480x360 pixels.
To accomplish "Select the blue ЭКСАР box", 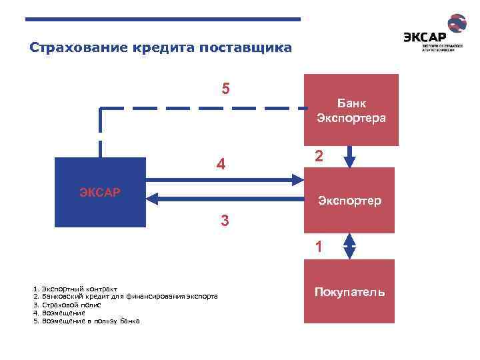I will (x=100, y=193).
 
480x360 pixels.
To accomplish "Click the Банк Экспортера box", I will (x=351, y=110).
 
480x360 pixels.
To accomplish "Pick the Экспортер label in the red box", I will (x=349, y=200).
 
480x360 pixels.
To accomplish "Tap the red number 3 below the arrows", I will (x=225, y=220).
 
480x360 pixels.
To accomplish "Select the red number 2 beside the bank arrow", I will (x=319, y=156).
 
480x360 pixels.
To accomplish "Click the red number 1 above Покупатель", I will (x=319, y=247).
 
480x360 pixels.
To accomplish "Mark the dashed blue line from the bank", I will (x=200, y=107).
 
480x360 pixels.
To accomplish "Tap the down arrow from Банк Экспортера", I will (x=349, y=156).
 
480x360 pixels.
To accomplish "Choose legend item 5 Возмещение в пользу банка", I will (x=86, y=321).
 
